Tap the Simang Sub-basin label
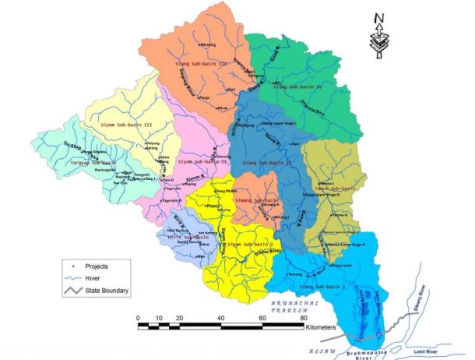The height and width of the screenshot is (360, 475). (x=255, y=201)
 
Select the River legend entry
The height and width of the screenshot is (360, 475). (x=92, y=278)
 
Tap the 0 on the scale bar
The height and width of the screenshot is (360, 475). (x=138, y=317)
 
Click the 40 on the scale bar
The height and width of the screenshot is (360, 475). (x=221, y=317)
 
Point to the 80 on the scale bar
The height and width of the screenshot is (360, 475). (x=304, y=317)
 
